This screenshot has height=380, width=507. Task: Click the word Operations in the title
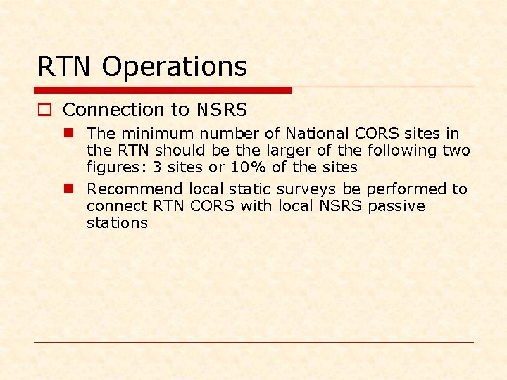(x=175, y=68)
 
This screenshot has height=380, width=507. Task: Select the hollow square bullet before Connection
(x=45, y=110)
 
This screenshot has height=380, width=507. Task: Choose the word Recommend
(x=135, y=189)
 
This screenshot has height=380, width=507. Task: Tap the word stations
(x=117, y=223)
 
